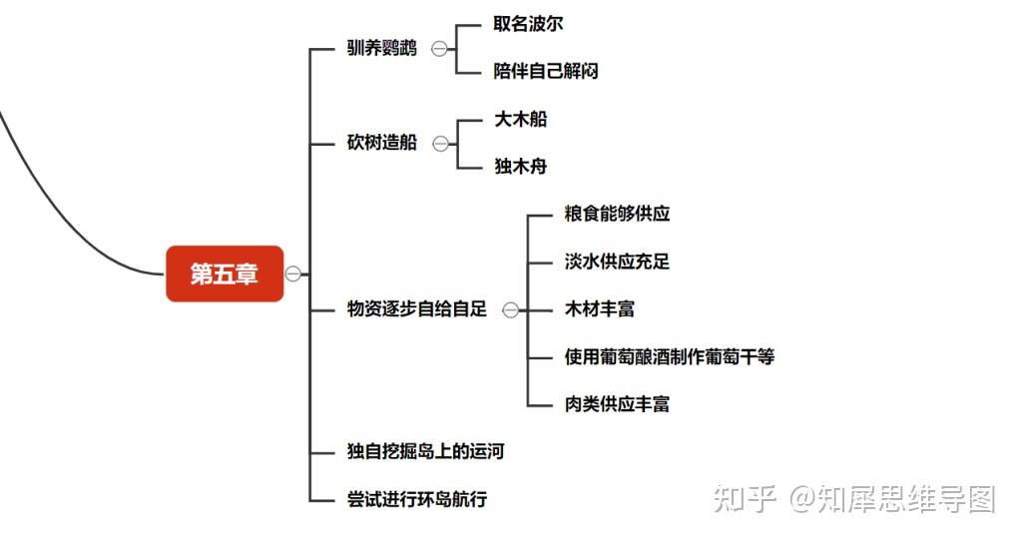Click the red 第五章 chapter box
[225, 273]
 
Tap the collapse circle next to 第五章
[293, 273]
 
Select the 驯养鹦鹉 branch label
[381, 48]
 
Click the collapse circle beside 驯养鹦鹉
[440, 48]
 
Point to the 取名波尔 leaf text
[528, 24]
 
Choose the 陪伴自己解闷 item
[545, 71]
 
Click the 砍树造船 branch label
[381, 143]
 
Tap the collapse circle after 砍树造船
[440, 143]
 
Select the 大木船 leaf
[520, 119]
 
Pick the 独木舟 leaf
[520, 167]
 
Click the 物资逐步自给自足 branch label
[416, 309]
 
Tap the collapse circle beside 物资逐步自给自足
[510, 309]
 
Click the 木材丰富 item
[599, 309]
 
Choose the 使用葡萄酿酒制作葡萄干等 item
[669, 356]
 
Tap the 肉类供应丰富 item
[617, 404]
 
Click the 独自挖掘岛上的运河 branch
[425, 451]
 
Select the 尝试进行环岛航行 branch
[416, 499]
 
